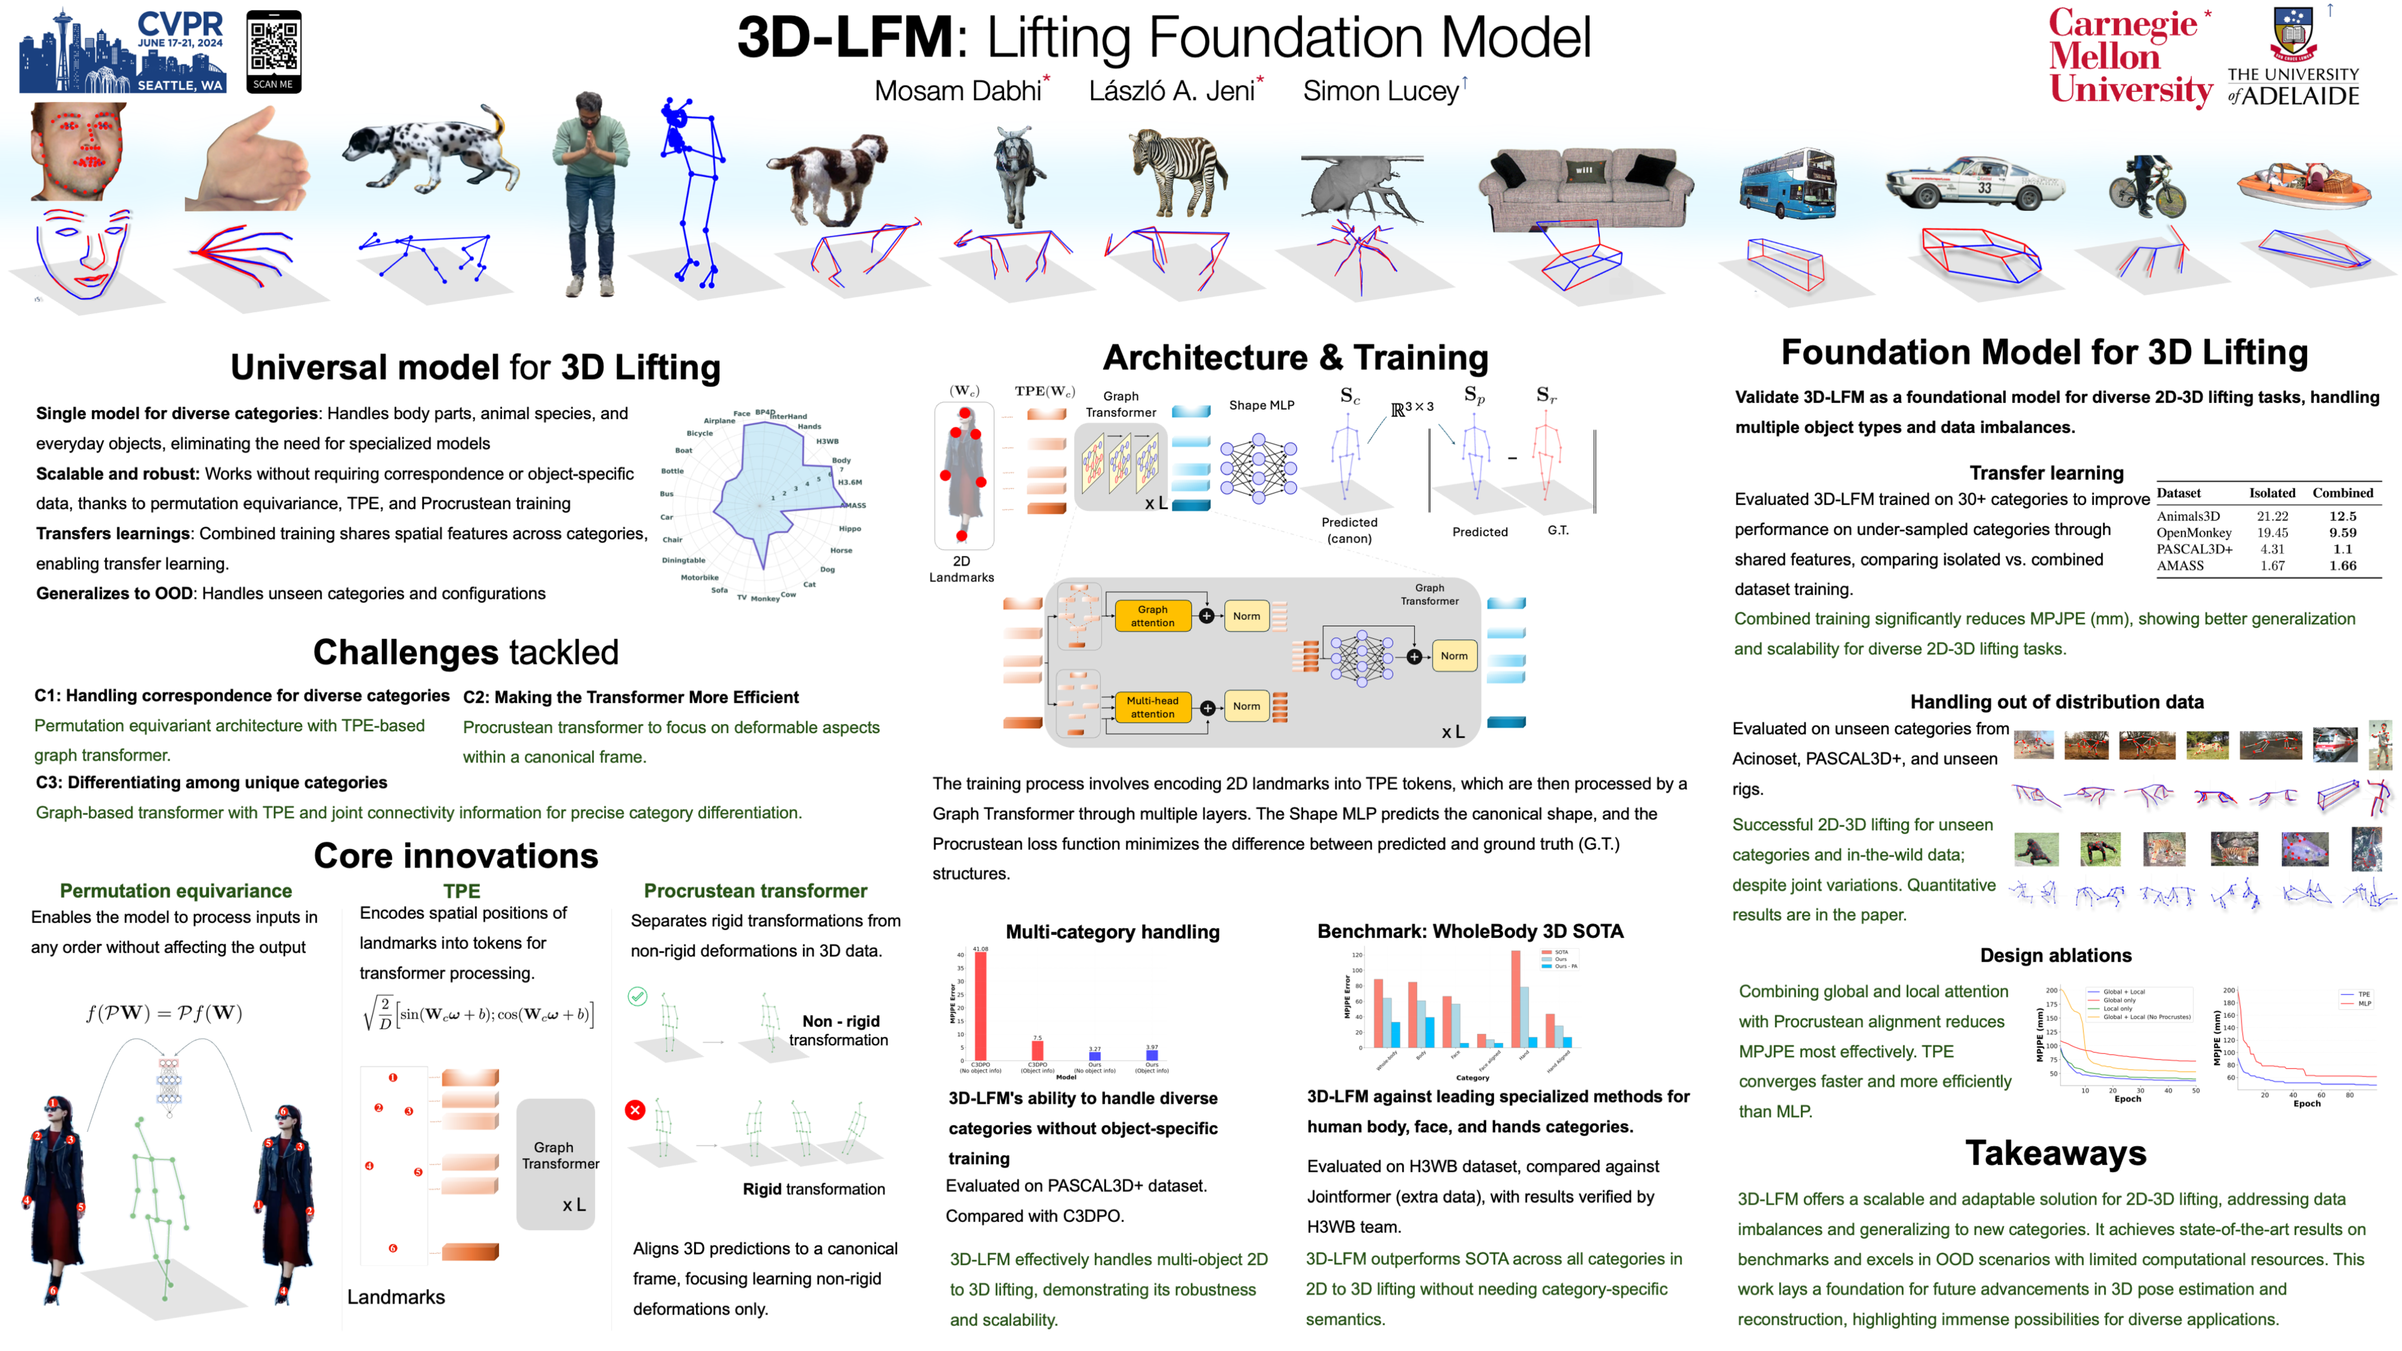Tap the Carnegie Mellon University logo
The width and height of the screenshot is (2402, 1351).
(x=2129, y=58)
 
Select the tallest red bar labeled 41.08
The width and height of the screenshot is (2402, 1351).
(x=980, y=1005)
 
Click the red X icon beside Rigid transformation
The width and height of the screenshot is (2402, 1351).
(x=635, y=1109)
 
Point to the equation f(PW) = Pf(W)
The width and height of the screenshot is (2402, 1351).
(x=164, y=1013)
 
